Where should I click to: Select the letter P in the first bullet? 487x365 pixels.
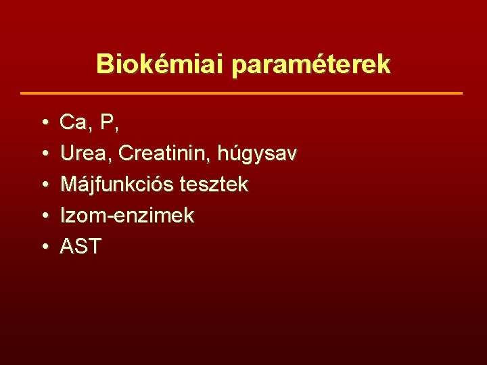(106, 122)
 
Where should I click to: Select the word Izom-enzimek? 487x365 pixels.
(127, 216)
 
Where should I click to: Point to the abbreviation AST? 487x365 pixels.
(80, 247)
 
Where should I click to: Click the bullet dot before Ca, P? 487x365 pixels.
(43, 123)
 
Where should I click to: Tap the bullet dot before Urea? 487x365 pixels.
(43, 154)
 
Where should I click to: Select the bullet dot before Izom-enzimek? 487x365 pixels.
(43, 216)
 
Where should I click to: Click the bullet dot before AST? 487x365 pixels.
(43, 247)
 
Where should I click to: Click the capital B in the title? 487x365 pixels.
(103, 64)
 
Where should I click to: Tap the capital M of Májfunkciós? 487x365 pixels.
(69, 185)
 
